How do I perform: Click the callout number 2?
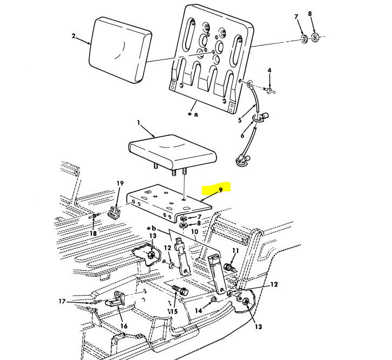click(x=73, y=37)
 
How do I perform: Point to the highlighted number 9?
click(x=220, y=190)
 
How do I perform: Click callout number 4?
click(x=269, y=70)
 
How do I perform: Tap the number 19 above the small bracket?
click(x=120, y=183)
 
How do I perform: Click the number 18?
click(x=93, y=234)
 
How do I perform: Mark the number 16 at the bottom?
click(x=124, y=326)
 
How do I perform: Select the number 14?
click(x=199, y=311)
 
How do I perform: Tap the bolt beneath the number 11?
click(x=231, y=266)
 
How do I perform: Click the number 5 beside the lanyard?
click(x=240, y=120)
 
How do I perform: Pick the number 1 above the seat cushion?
click(x=139, y=123)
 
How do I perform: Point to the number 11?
click(x=234, y=251)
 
